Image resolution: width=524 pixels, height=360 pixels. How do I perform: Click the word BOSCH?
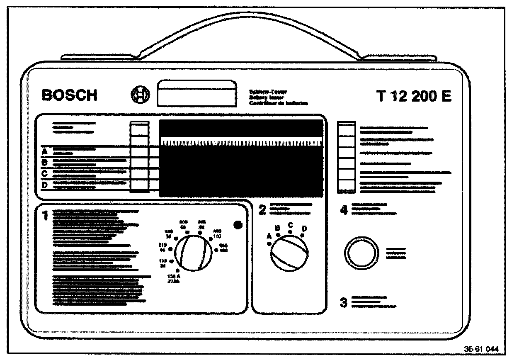[70, 95]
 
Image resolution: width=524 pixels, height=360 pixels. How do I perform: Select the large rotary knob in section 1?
[194, 253]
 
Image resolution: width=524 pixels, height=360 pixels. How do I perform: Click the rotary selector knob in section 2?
[289, 253]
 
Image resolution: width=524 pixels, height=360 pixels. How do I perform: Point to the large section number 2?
[262, 210]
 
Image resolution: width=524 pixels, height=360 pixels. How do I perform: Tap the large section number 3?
[343, 303]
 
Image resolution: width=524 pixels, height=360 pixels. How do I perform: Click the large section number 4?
[343, 210]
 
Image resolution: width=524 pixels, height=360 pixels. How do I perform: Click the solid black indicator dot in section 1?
[238, 225]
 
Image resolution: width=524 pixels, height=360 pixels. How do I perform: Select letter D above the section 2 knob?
[305, 228]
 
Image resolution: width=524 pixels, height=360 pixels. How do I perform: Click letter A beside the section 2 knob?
[269, 236]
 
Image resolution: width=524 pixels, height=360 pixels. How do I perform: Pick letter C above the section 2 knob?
[291, 225]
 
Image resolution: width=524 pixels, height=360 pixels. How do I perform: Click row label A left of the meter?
[45, 151]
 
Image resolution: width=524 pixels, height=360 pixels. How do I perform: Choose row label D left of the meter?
[45, 185]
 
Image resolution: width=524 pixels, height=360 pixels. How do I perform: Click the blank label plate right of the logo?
[196, 95]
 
